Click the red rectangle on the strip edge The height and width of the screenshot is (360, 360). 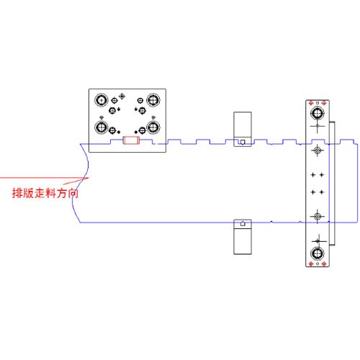click(131, 140)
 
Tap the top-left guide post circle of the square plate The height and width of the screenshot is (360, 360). click(102, 100)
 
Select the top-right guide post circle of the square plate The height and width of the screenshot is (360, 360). click(153, 100)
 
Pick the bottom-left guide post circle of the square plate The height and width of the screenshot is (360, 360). click(102, 127)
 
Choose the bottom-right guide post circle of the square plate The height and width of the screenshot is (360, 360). click(153, 127)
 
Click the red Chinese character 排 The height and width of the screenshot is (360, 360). click(17, 193)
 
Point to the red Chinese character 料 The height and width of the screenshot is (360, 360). click(50, 193)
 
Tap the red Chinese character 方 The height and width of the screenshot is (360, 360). click(61, 193)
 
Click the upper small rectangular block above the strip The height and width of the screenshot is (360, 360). click(243, 129)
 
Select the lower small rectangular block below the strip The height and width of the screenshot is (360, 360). click(243, 237)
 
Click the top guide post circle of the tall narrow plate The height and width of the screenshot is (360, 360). click(318, 113)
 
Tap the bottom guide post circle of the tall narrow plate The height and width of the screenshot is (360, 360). click(318, 253)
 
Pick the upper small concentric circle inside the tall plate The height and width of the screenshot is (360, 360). click(318, 150)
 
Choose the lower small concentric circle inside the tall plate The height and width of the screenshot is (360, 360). click(318, 216)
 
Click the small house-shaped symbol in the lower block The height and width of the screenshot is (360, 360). click(243, 223)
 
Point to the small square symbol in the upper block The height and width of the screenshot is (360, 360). click(243, 142)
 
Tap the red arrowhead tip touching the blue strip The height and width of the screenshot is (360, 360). click(89, 178)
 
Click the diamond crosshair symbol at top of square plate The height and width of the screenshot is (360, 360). click(122, 96)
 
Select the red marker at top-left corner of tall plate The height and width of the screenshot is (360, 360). click(311, 103)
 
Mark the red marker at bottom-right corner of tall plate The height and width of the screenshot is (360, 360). click(324, 264)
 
